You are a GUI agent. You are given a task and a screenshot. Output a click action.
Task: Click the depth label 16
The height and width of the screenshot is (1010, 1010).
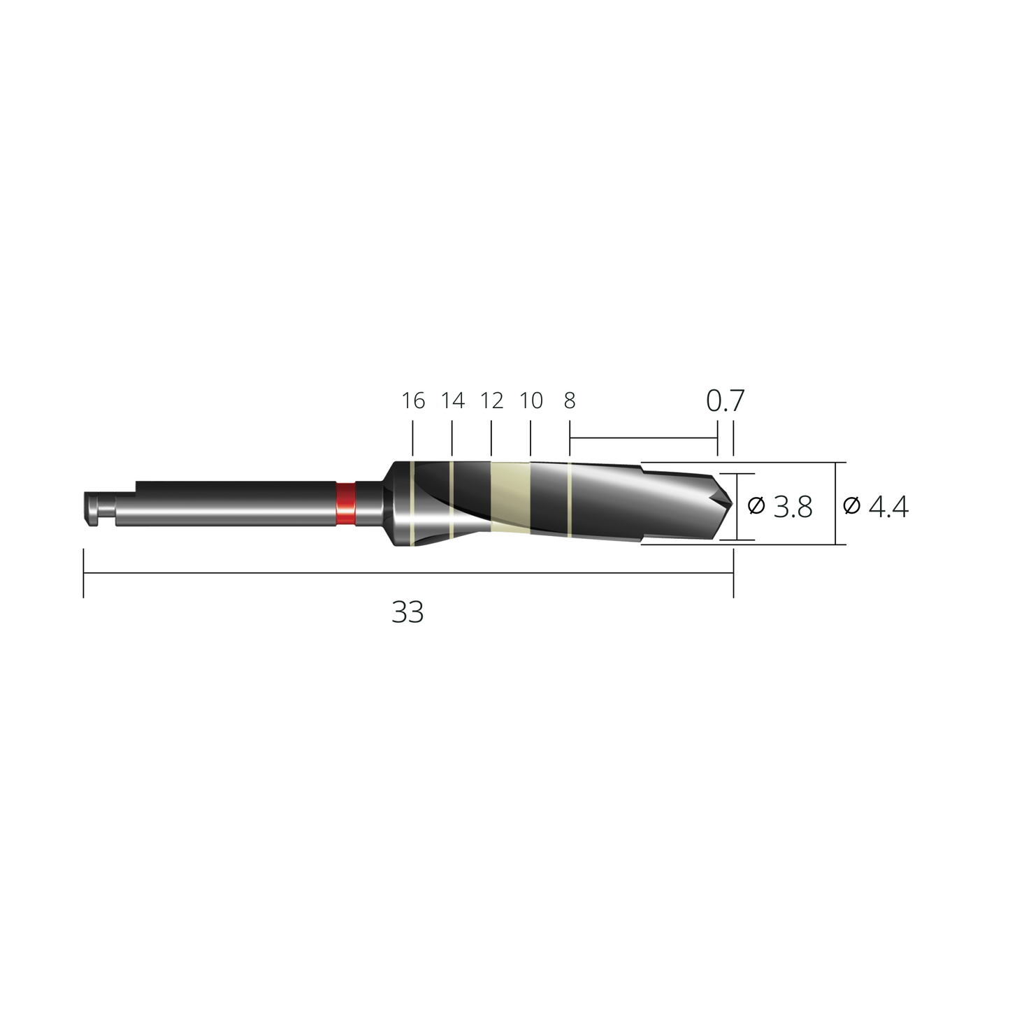(413, 401)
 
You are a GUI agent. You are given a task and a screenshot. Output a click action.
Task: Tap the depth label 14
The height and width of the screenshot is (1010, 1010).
(453, 401)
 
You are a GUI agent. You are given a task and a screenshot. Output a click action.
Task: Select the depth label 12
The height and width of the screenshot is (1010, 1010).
(491, 401)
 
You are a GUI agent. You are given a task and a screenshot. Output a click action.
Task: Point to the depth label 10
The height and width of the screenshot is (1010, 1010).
(531, 401)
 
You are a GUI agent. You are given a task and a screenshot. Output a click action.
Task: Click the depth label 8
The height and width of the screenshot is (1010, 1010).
(570, 401)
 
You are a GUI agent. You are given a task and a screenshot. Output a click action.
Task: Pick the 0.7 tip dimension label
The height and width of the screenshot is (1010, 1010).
(725, 401)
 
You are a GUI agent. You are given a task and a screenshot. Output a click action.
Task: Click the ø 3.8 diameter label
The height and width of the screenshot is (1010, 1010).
(780, 507)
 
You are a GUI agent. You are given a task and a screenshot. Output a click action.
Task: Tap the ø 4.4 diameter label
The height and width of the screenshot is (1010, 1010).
(876, 506)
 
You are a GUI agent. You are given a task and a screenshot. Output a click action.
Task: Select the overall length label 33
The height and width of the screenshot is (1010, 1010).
(407, 612)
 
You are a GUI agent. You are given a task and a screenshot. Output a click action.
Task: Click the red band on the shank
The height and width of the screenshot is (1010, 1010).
(345, 504)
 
